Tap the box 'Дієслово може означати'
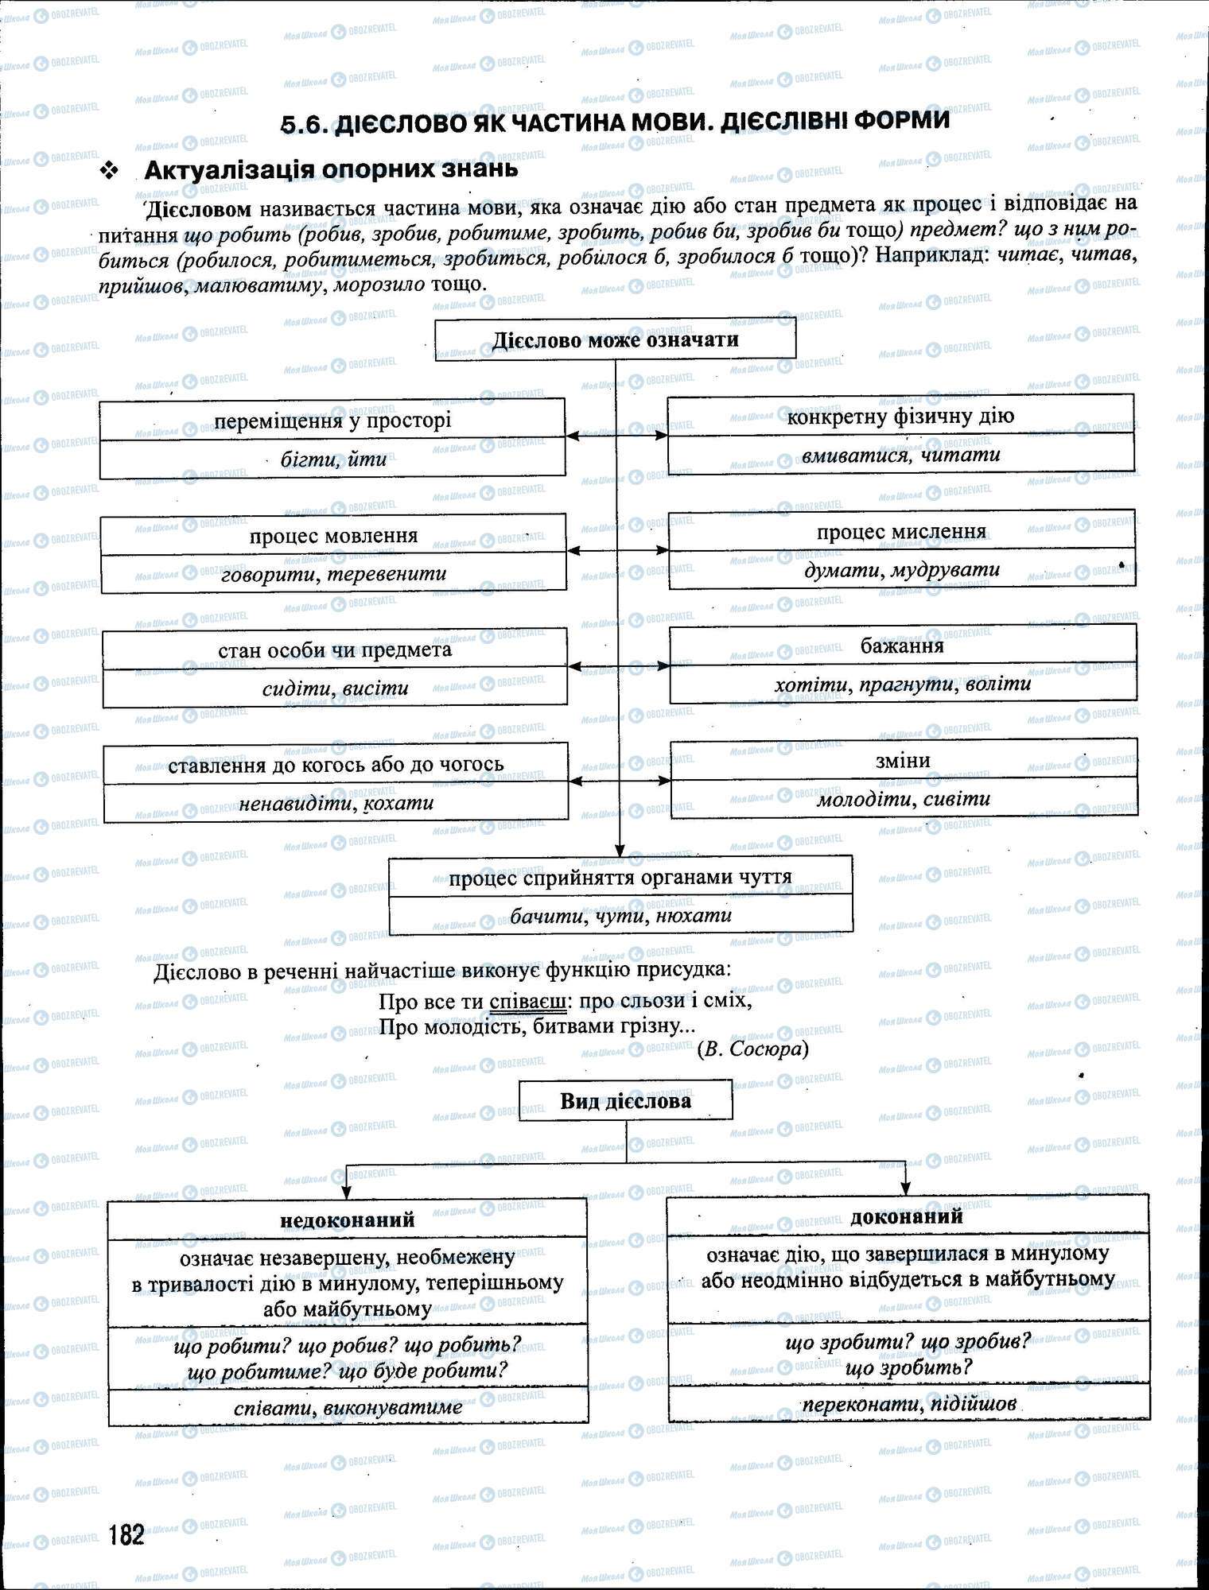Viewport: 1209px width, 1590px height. [x=615, y=340]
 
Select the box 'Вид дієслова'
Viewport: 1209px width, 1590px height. [x=625, y=1101]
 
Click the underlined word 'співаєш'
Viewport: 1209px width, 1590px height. [x=527, y=1000]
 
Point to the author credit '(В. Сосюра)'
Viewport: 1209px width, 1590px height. [x=752, y=1049]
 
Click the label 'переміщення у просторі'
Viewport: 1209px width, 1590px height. [x=332, y=421]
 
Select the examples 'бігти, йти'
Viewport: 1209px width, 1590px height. [x=333, y=459]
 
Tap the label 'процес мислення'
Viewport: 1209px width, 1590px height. [x=901, y=531]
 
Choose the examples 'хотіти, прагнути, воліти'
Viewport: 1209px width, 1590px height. [x=902, y=684]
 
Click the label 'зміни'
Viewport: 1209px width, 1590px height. [x=903, y=760]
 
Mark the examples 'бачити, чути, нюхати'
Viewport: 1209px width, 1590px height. [x=620, y=915]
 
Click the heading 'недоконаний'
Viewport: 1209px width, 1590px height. [x=348, y=1220]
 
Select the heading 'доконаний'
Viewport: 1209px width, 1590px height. [x=907, y=1216]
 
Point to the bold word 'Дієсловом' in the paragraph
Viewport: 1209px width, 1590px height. [x=199, y=209]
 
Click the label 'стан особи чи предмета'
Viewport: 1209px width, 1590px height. [x=334, y=650]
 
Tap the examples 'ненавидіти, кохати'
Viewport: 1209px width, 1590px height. [x=336, y=803]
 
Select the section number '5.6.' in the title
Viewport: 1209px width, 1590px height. [x=305, y=123]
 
